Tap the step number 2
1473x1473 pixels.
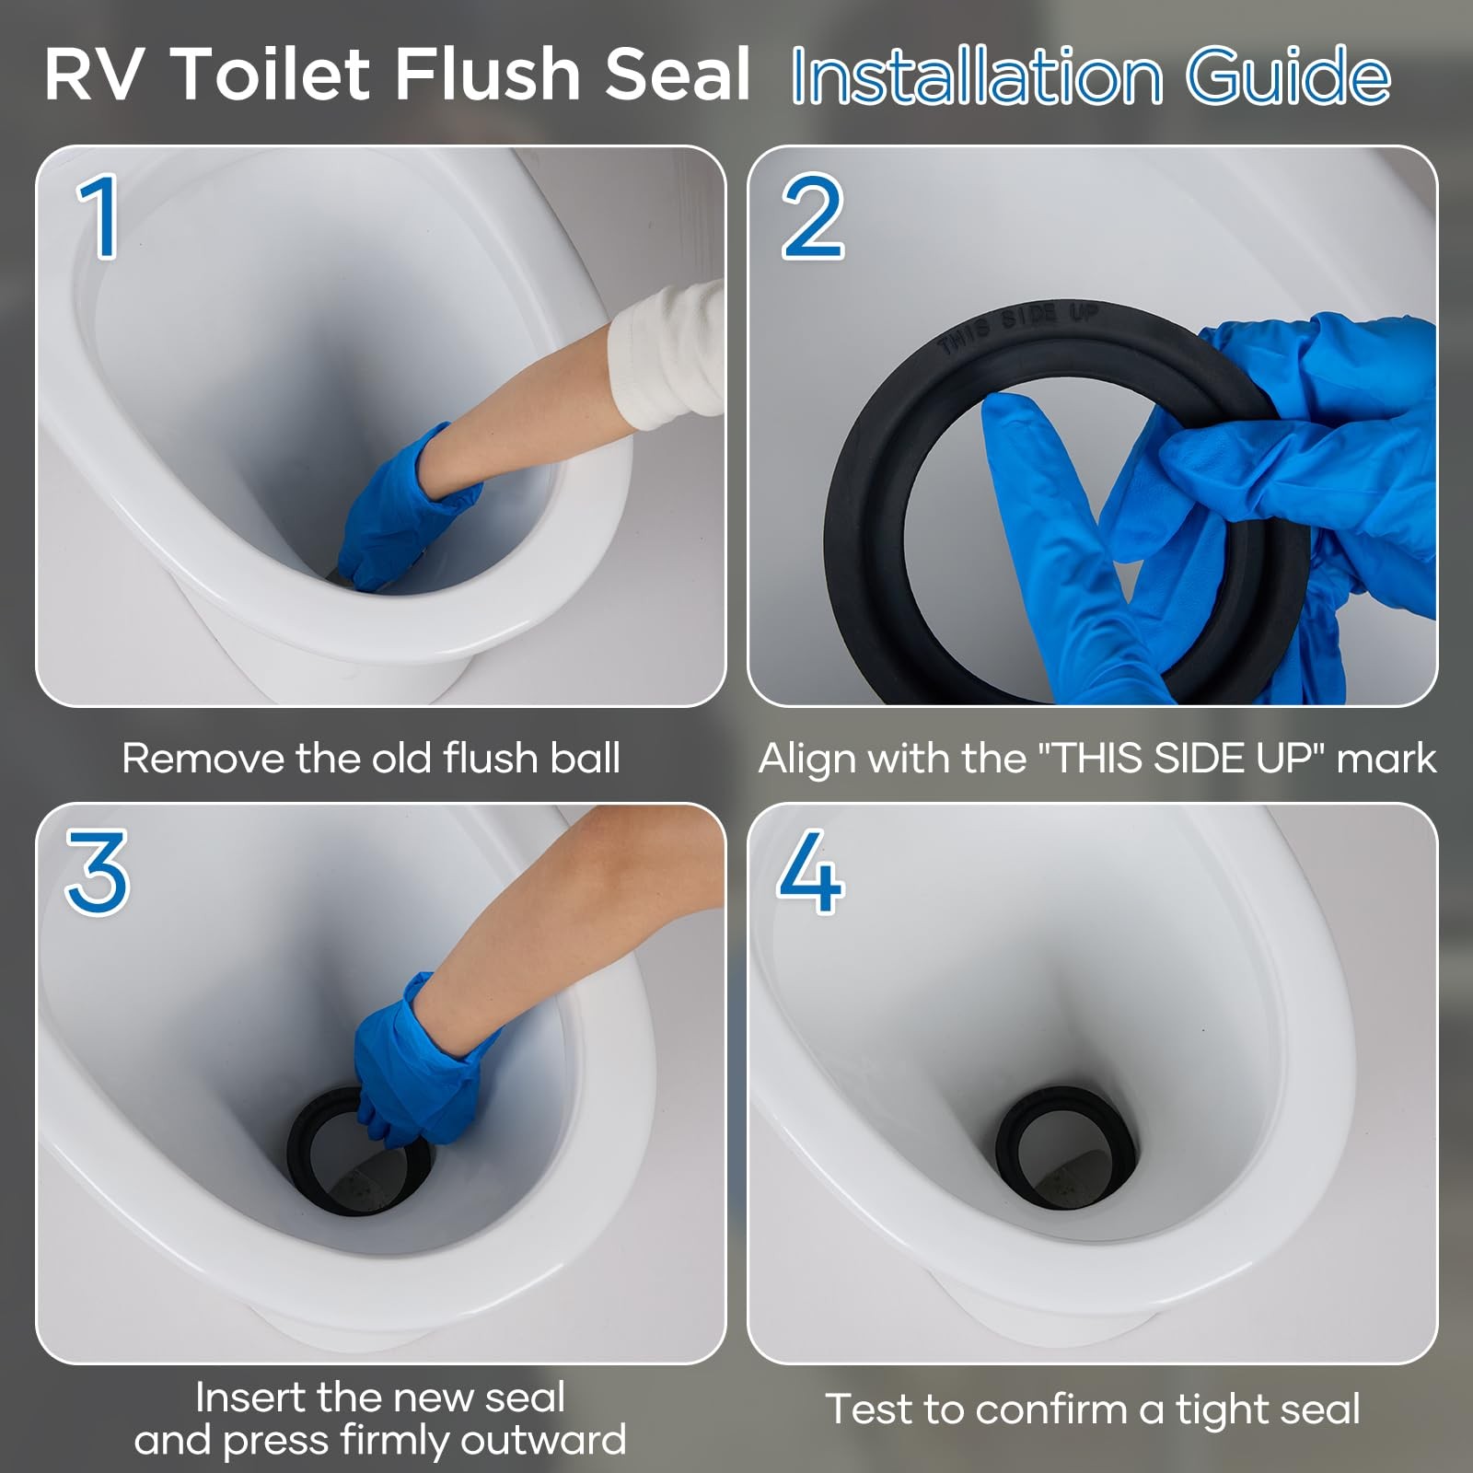812,217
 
